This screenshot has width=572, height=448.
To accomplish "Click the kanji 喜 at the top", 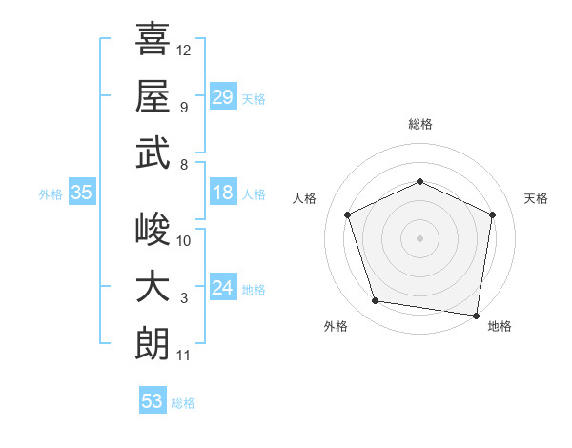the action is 153,38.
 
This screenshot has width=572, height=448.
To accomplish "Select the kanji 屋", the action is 153,95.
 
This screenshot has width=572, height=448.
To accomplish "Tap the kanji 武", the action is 153,153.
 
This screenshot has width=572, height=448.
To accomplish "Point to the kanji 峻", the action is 153,229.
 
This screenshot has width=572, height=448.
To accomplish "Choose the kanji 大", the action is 153,286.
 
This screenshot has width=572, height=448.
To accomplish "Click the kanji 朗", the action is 153,344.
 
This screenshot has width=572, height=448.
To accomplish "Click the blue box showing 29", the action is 223,96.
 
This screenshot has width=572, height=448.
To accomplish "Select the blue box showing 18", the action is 223,192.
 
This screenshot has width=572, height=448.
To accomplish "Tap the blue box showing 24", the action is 223,286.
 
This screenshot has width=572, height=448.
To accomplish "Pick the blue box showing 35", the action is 82,192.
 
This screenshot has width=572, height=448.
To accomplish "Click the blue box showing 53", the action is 153,399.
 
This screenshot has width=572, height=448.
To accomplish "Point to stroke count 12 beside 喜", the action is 183,51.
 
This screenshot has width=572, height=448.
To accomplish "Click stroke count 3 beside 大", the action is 184,298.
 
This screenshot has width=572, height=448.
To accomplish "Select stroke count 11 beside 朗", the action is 183,356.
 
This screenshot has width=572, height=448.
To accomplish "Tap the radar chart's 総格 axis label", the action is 420,125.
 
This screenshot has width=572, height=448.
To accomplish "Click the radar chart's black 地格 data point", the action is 476,316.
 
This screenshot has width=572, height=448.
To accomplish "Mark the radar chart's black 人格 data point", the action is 348,214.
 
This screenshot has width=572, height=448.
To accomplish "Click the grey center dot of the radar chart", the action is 419,238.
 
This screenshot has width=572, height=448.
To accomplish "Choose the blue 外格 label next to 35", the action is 51,194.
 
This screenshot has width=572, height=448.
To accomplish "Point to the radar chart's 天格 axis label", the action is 536,198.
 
